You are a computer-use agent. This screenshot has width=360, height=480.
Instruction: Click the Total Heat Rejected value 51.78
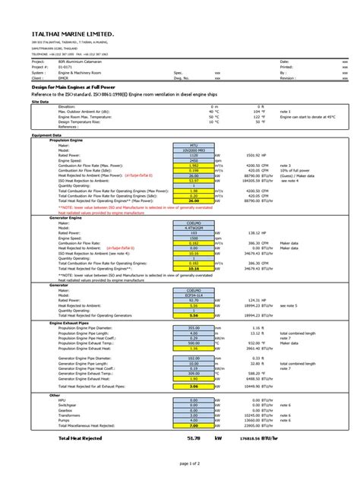(x=194, y=437)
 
